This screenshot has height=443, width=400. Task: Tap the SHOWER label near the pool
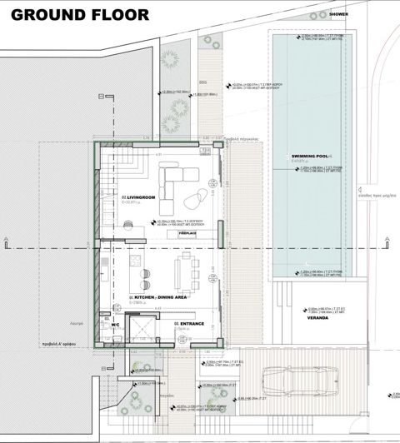(x=339, y=14)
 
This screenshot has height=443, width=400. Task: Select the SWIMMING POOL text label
(x=310, y=157)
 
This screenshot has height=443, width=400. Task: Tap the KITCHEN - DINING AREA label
(x=157, y=297)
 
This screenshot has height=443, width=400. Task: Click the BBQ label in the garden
(x=202, y=82)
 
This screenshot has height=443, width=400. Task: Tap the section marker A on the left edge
(x=6, y=241)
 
